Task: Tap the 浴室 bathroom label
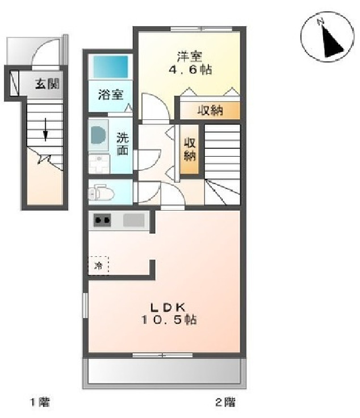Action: pos(110,95)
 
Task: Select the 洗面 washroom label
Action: pos(123,144)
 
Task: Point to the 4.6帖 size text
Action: pos(190,70)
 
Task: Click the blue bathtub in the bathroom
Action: pos(111,68)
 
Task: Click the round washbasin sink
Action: pos(97,136)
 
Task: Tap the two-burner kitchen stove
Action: pos(103,220)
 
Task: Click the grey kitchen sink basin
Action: pos(134,220)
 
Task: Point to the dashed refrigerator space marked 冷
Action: pos(99,265)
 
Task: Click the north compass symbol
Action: pos(323,38)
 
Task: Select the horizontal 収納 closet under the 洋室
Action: pos(210,110)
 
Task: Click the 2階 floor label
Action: pos(224,403)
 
